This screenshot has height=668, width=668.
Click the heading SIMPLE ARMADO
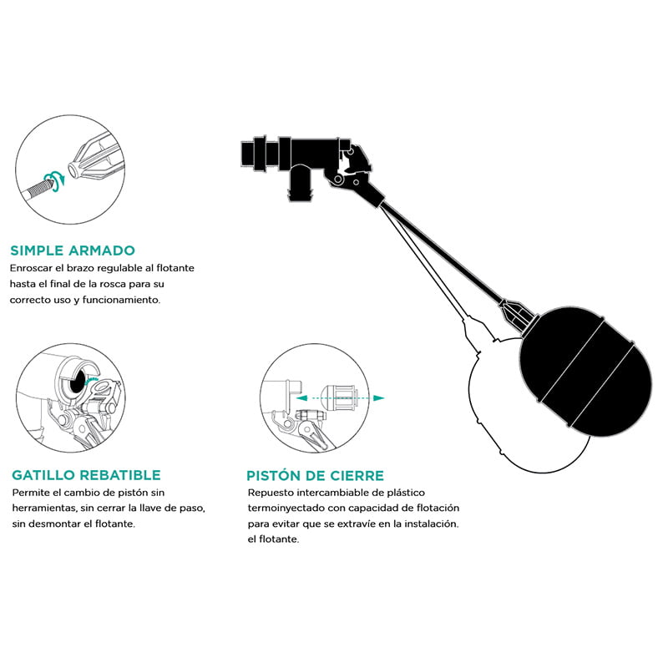(73, 250)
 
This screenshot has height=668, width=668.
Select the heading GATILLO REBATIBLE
(87, 475)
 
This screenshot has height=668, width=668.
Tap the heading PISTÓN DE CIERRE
(315, 475)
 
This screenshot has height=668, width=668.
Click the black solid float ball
(586, 372)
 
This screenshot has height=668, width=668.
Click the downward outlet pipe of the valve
(301, 183)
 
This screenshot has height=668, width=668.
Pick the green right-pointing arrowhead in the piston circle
(378, 398)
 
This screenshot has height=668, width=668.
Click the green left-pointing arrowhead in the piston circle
(301, 398)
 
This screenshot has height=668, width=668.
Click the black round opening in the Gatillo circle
(77, 382)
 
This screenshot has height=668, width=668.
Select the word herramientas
(43, 509)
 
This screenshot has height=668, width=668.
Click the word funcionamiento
(121, 300)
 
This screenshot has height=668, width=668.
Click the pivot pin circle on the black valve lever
(338, 180)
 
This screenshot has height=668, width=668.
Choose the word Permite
(30, 493)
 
